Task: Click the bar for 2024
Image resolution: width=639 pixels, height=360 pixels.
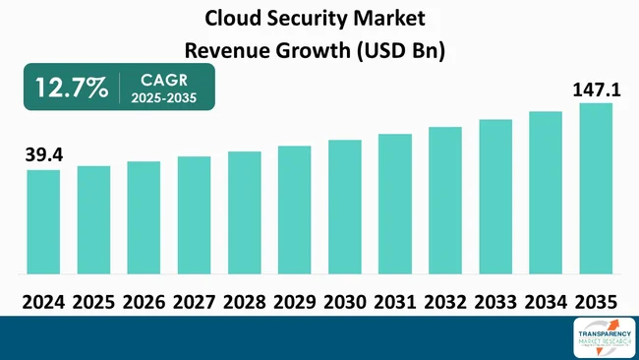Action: click(x=43, y=221)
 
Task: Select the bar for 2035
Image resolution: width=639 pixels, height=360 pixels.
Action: click(x=596, y=188)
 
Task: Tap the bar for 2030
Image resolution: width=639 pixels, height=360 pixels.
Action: click(x=345, y=207)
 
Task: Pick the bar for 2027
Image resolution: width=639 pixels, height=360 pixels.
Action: click(x=194, y=214)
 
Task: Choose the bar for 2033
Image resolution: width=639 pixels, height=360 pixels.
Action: click(x=495, y=196)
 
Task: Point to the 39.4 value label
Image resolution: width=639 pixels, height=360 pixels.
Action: click(x=42, y=154)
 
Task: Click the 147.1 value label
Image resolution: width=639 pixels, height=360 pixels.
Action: click(x=596, y=90)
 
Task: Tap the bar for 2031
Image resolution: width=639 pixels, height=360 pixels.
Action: click(x=395, y=204)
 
